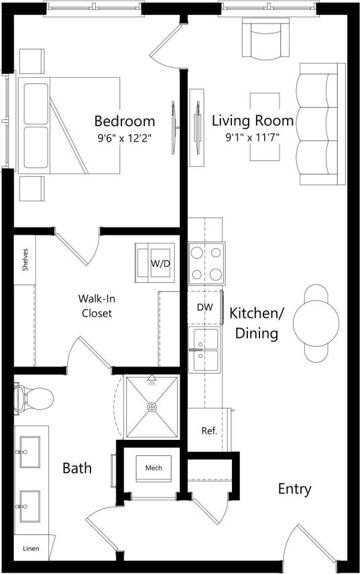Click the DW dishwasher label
204,307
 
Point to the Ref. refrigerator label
208,431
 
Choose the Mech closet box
153,467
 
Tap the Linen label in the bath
31,549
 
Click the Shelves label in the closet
25,260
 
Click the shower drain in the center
152,406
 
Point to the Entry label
294,489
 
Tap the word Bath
77,467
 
